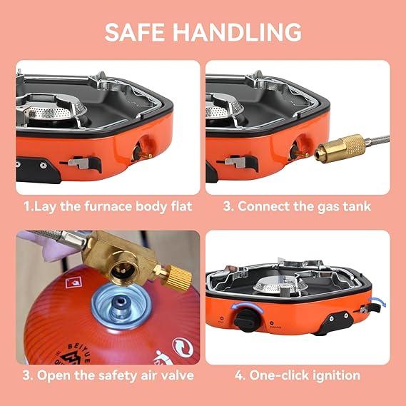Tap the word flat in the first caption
[178, 207]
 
